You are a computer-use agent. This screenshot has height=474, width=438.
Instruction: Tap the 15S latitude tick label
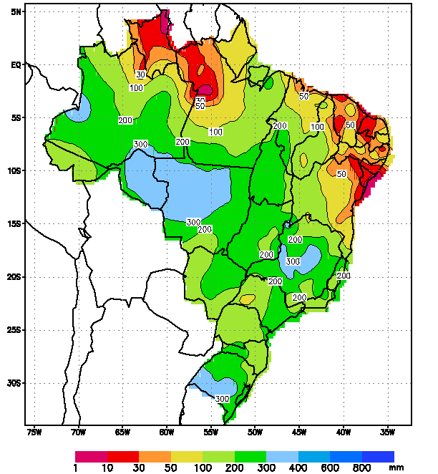point(14,224)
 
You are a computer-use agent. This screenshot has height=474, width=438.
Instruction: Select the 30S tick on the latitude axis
point(14,384)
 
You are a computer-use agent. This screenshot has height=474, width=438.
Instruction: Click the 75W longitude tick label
point(34,432)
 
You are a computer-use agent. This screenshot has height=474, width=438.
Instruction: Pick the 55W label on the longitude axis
point(210,432)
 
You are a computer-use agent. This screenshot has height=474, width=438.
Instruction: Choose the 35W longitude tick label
point(387,432)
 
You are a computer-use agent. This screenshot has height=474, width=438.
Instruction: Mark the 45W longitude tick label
point(299,432)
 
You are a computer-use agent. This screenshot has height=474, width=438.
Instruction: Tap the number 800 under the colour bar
point(362,468)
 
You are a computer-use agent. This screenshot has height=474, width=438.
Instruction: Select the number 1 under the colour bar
point(75,468)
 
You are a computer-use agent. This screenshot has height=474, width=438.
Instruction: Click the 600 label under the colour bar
point(330,468)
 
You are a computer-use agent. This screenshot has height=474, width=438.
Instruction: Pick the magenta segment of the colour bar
point(91,456)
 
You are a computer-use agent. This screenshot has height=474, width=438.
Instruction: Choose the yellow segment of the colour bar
point(187,456)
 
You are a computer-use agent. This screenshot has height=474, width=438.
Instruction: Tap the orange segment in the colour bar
point(155,456)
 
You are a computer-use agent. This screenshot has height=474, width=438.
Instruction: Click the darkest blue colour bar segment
point(378,456)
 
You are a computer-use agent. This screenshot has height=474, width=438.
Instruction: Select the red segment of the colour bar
point(122,456)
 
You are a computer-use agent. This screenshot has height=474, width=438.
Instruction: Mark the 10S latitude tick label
point(14,171)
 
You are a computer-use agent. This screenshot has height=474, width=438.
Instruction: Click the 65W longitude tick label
point(122,432)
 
